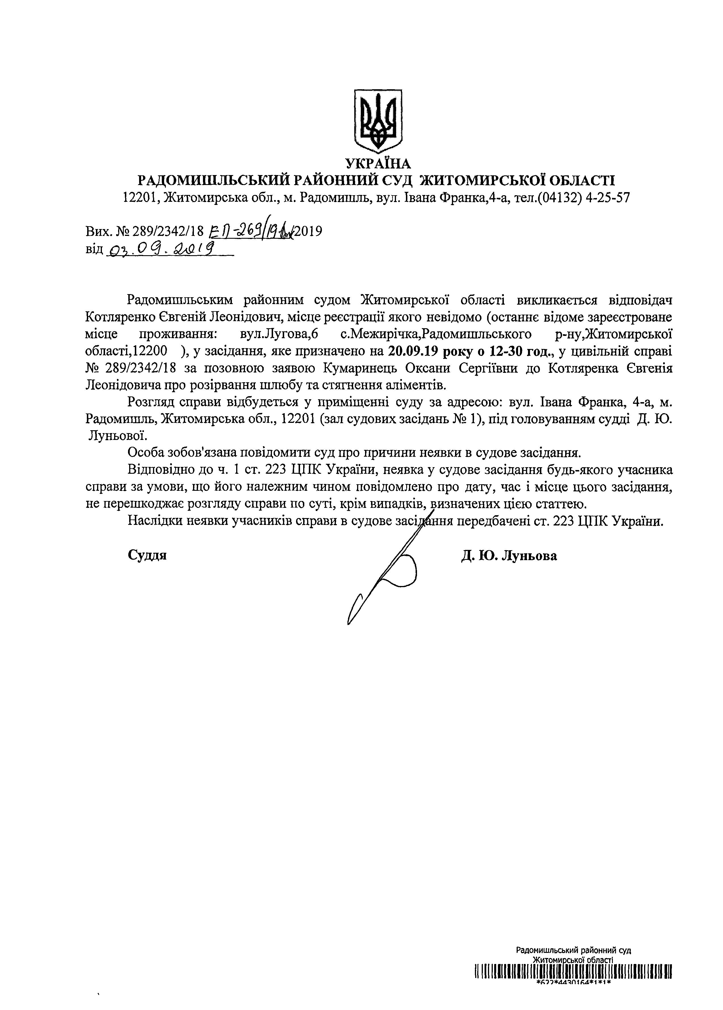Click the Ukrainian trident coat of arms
coord(378,121)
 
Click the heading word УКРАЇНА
coord(378,164)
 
